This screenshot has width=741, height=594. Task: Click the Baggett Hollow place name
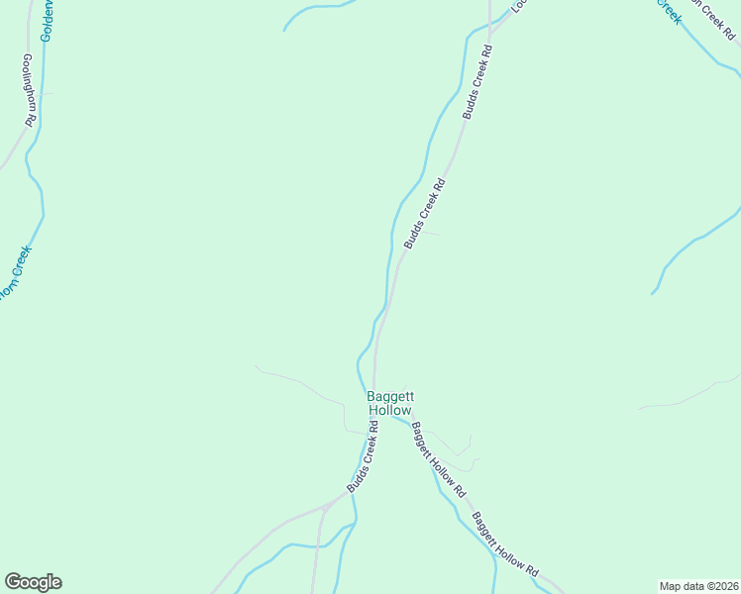pyautogui.click(x=389, y=402)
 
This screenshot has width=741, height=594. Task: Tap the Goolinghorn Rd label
pyautogui.click(x=28, y=88)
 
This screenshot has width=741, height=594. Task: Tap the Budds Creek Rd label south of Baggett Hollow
pyautogui.click(x=363, y=458)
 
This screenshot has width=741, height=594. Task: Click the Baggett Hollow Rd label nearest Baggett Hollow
pyautogui.click(x=437, y=459)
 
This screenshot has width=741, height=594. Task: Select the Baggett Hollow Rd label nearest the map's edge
pyautogui.click(x=504, y=545)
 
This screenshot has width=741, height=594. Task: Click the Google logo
pyautogui.click(x=33, y=582)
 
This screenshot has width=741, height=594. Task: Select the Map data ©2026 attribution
pyautogui.click(x=698, y=585)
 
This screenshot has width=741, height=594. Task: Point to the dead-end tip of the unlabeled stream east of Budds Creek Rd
pyautogui.click(x=652, y=294)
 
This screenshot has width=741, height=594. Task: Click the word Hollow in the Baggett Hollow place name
pyautogui.click(x=389, y=410)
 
